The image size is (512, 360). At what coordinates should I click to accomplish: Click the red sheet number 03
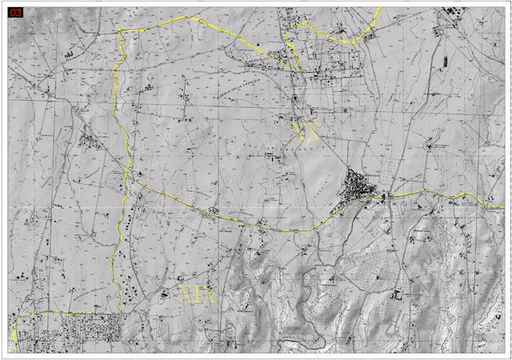pyautogui.click(x=16, y=13)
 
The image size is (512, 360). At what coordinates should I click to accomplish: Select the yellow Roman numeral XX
pyautogui.click(x=307, y=132)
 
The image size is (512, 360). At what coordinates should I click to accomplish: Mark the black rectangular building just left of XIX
pyautogui.click(x=166, y=295)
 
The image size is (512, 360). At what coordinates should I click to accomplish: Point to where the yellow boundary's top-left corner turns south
pyautogui.click(x=120, y=30)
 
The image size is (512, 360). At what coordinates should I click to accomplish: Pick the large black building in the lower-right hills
pyautogui.click(x=395, y=294)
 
